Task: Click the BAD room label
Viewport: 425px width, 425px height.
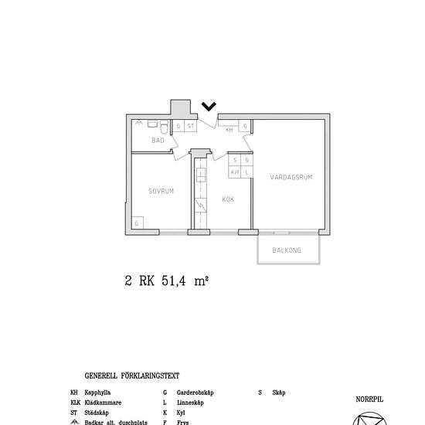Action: click(x=158, y=141)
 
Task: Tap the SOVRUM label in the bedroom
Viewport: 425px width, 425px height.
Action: click(x=161, y=190)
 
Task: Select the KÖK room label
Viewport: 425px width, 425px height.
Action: click(x=228, y=199)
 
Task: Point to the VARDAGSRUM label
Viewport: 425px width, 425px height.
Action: click(x=291, y=177)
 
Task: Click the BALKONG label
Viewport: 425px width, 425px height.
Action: click(x=287, y=251)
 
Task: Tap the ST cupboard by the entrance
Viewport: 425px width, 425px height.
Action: click(x=190, y=125)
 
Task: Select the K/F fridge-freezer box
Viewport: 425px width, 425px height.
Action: click(x=235, y=172)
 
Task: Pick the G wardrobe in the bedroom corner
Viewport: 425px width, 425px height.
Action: click(x=137, y=223)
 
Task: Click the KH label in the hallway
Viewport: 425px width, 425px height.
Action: click(x=229, y=131)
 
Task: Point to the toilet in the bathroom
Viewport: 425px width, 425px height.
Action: click(x=154, y=124)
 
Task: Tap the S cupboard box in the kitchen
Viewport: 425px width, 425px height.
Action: click(x=235, y=161)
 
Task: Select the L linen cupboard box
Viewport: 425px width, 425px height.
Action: click(x=246, y=172)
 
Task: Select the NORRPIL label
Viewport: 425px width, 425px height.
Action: click(x=369, y=399)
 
